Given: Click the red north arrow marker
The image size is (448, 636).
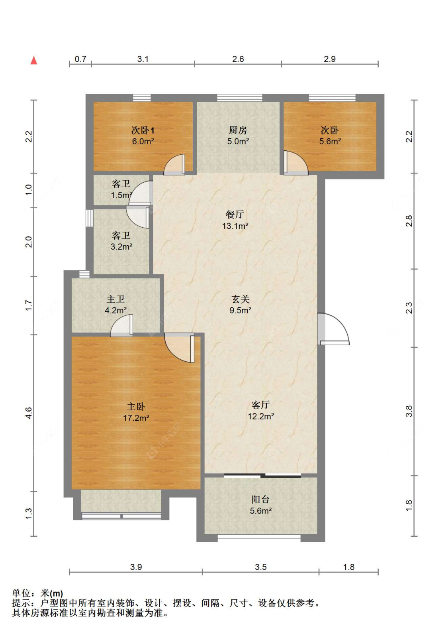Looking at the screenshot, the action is (34, 61).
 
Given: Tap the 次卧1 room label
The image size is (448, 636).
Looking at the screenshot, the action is (143, 130).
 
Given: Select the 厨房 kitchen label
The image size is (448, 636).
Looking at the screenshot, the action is (238, 130).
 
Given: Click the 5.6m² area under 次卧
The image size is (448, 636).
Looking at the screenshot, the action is (330, 141).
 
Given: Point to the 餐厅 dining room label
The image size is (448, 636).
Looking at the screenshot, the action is (235, 215).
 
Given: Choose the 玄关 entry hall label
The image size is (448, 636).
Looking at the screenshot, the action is (241, 299).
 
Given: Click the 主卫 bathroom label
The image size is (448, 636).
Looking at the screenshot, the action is (116, 299).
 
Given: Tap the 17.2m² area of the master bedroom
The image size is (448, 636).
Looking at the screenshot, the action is (136, 418).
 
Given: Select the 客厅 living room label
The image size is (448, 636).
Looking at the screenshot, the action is (260, 405).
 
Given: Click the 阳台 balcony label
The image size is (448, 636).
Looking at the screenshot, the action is (260, 500).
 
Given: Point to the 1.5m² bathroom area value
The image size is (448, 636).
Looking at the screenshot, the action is (121, 195).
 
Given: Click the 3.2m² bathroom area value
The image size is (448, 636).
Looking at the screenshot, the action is (121, 246).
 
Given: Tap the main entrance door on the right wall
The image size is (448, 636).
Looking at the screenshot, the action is (333, 329).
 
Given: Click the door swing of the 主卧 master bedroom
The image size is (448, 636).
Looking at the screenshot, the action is (179, 348).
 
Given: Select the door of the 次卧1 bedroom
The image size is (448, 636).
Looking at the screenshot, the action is (174, 165).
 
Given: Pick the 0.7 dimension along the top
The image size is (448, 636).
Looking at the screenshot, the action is (80, 59).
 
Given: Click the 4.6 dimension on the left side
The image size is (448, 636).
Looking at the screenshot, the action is (29, 413).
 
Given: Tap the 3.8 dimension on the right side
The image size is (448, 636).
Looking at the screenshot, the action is (409, 411).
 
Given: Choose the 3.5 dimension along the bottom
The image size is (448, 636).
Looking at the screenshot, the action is (260, 567).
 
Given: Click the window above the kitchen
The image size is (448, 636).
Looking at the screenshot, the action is (240, 98).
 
